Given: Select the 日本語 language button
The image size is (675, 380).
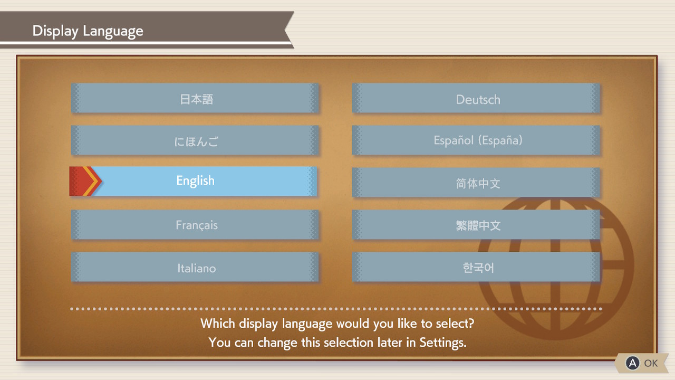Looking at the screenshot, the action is [x=195, y=98].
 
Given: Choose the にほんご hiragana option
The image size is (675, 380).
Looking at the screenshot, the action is [x=195, y=140].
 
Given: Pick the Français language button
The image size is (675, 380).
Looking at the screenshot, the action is [x=195, y=225].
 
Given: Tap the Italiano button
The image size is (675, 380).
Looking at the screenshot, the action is [x=195, y=267].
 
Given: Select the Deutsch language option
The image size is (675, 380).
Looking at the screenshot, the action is [x=476, y=98].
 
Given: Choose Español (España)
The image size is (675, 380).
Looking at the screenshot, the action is [x=476, y=140].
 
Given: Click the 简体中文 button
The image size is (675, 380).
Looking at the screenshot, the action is [x=476, y=183].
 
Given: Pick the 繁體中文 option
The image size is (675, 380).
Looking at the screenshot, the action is [x=476, y=225].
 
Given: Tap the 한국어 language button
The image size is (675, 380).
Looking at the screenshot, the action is [x=476, y=267].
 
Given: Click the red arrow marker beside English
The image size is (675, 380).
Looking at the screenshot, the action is [x=85, y=181].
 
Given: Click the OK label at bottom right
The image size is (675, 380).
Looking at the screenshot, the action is [x=651, y=363].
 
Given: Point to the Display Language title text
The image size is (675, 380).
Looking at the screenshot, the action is [x=88, y=31].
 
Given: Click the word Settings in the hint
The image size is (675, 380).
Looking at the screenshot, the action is [x=443, y=343].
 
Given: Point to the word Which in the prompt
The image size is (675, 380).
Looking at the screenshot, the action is [x=218, y=324].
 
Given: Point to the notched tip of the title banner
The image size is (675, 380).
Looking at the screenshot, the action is [x=285, y=30].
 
